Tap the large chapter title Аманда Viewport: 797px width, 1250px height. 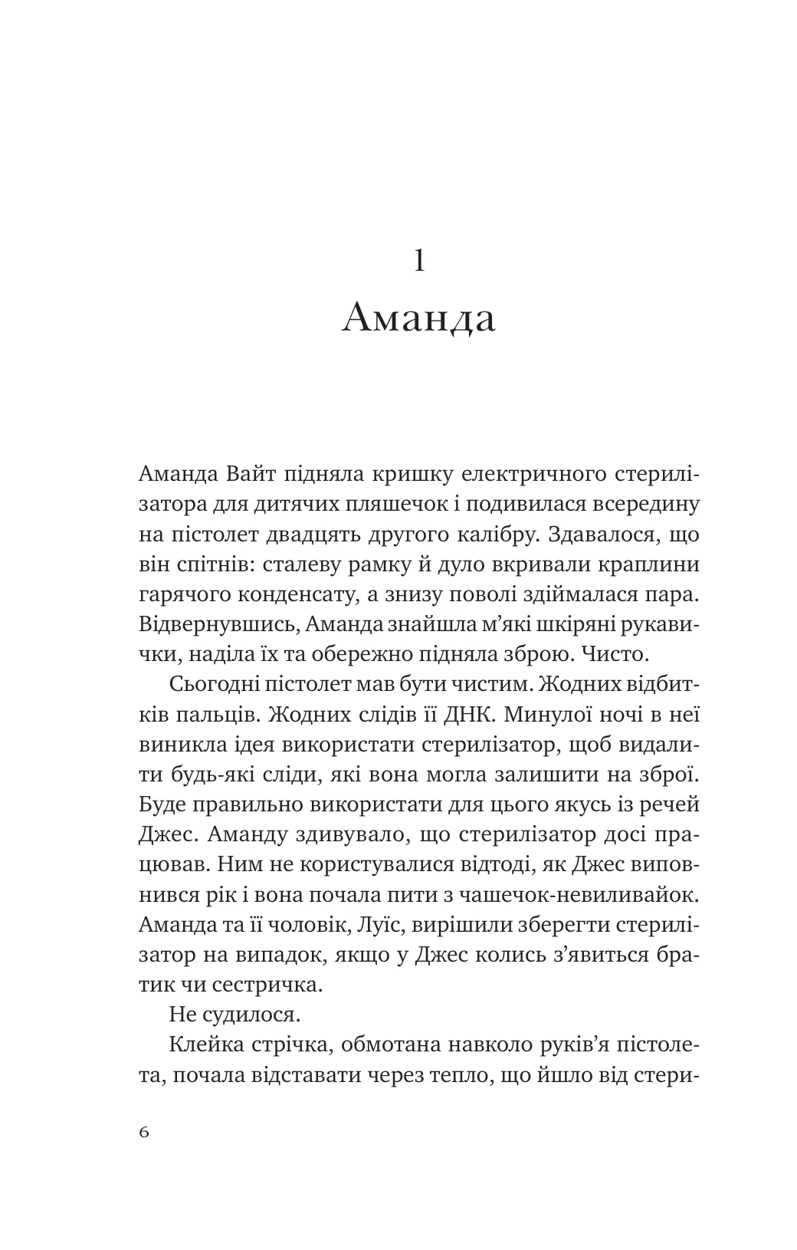click(x=418, y=318)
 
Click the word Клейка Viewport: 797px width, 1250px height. click(x=204, y=1044)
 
